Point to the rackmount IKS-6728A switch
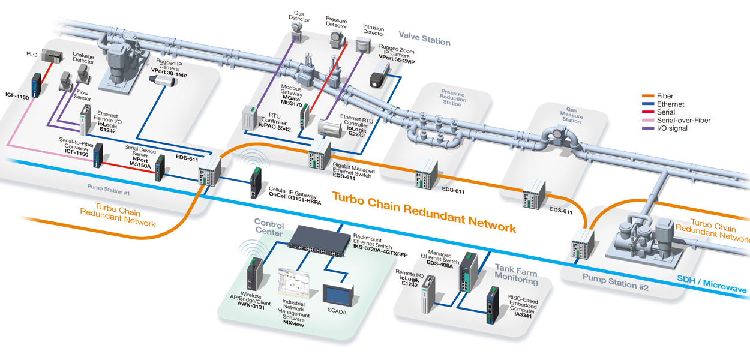pyautogui.click(x=317, y=241)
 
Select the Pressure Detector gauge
pyautogui.click(x=337, y=41)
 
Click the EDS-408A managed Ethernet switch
pyautogui.click(x=467, y=271)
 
